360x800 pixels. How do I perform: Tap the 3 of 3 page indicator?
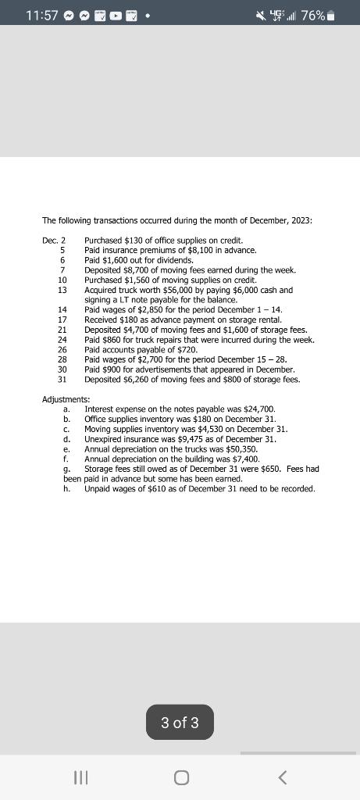point(180,723)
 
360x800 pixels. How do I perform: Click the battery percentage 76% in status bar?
point(313,16)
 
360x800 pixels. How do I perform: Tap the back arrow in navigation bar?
point(283,777)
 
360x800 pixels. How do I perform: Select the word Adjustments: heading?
point(66,399)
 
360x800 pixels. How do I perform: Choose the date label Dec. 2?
point(54,240)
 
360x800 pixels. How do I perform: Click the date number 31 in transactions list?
point(62,380)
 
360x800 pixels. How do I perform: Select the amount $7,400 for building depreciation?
point(244,459)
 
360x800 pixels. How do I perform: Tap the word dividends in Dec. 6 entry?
point(174,260)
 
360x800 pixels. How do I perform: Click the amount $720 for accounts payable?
point(185,350)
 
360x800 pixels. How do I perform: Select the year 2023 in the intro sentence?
point(298,220)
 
